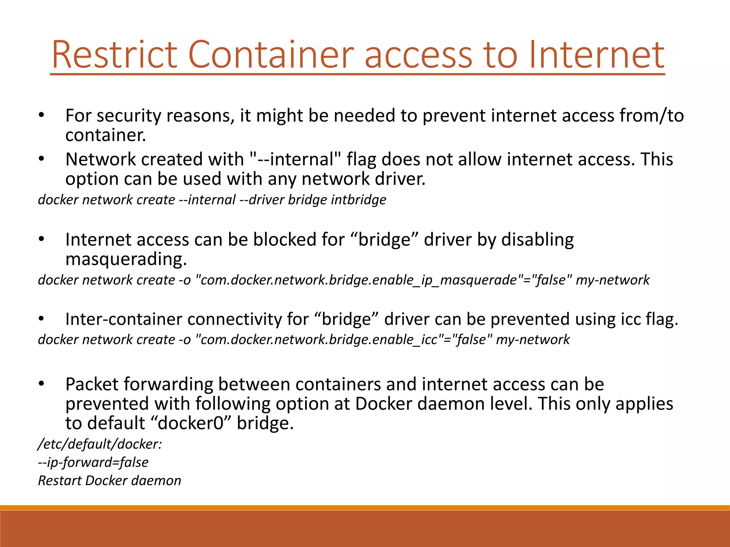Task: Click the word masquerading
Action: (x=126, y=259)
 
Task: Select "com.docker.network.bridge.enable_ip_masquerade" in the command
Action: (x=359, y=280)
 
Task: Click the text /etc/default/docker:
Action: (x=100, y=444)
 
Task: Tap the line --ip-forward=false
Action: (x=93, y=462)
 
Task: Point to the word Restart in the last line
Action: (x=59, y=481)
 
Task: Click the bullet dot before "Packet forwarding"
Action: (x=41, y=384)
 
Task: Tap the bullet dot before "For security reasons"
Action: (x=41, y=115)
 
